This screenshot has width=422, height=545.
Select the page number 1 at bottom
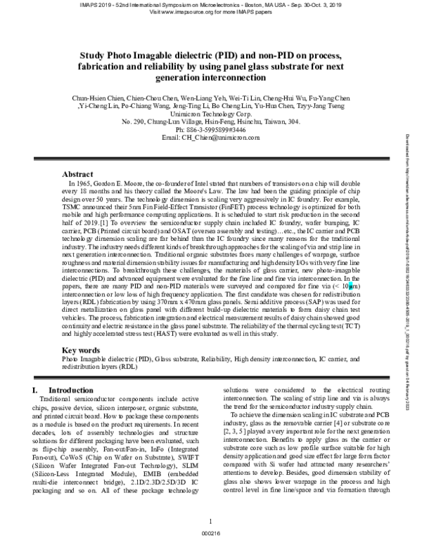click(211, 520)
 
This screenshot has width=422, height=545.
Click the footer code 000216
click(211, 532)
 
